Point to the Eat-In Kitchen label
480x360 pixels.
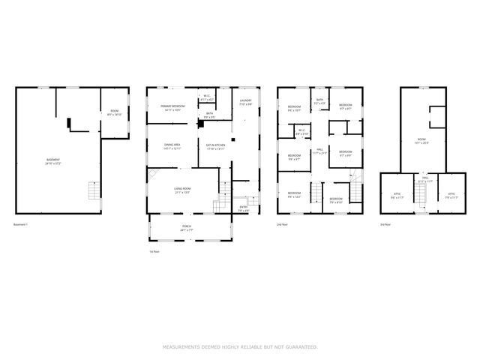pos(216,146)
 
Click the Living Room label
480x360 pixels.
pos(183,190)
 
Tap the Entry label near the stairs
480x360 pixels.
pos(243,208)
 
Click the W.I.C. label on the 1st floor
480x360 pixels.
pos(207,97)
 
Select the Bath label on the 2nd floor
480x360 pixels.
pos(319,100)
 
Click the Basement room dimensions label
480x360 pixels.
pos(52,161)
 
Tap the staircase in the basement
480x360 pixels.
pos(93,190)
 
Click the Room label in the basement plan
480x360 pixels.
pos(114,113)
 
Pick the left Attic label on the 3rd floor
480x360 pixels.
pos(397,196)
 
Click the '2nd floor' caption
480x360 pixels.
pos(282,224)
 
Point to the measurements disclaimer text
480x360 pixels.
pos(240,347)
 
